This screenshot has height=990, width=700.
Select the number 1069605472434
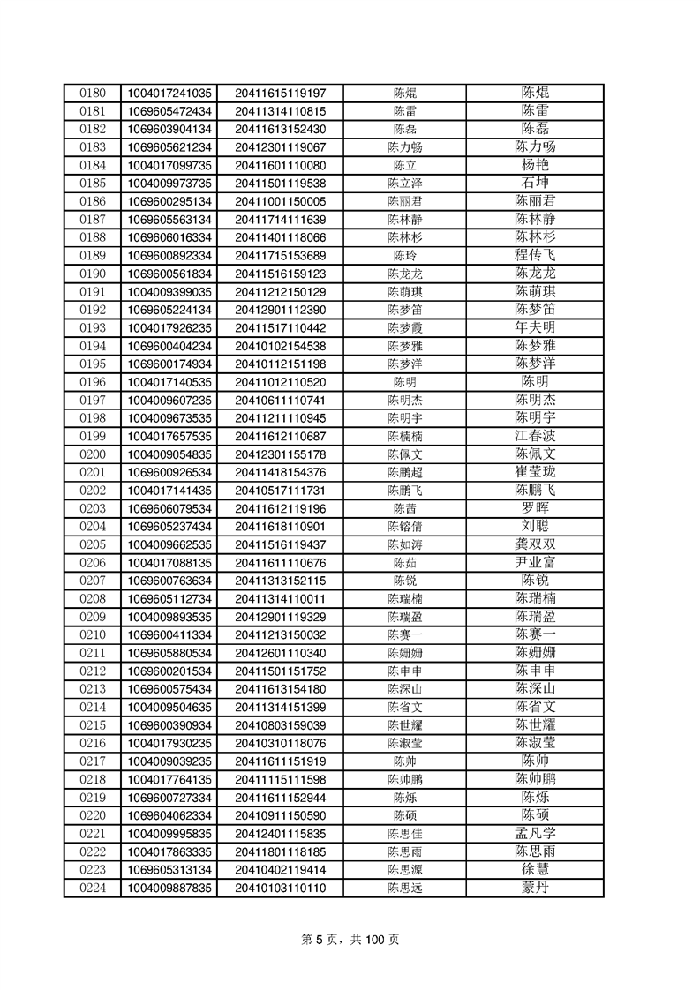tap(170, 111)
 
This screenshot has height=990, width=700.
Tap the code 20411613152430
tap(281, 129)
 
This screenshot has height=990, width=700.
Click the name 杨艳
tap(535, 165)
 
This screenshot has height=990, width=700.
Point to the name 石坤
tap(535, 183)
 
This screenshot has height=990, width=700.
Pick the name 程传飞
tap(535, 255)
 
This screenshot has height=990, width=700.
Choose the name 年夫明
tap(535, 327)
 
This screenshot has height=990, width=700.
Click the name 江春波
tap(535, 436)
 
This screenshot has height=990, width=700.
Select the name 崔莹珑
tap(535, 472)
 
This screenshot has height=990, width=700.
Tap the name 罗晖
tap(535, 508)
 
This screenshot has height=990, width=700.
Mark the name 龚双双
tap(535, 544)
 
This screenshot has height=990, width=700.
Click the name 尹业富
tap(535, 562)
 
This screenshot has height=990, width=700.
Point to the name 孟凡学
tap(535, 834)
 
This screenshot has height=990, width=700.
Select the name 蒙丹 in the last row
tap(535, 888)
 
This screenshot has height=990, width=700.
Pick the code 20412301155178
tap(281, 454)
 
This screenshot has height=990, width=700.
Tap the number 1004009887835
tap(170, 888)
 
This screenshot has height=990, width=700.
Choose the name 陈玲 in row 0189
tap(405, 255)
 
